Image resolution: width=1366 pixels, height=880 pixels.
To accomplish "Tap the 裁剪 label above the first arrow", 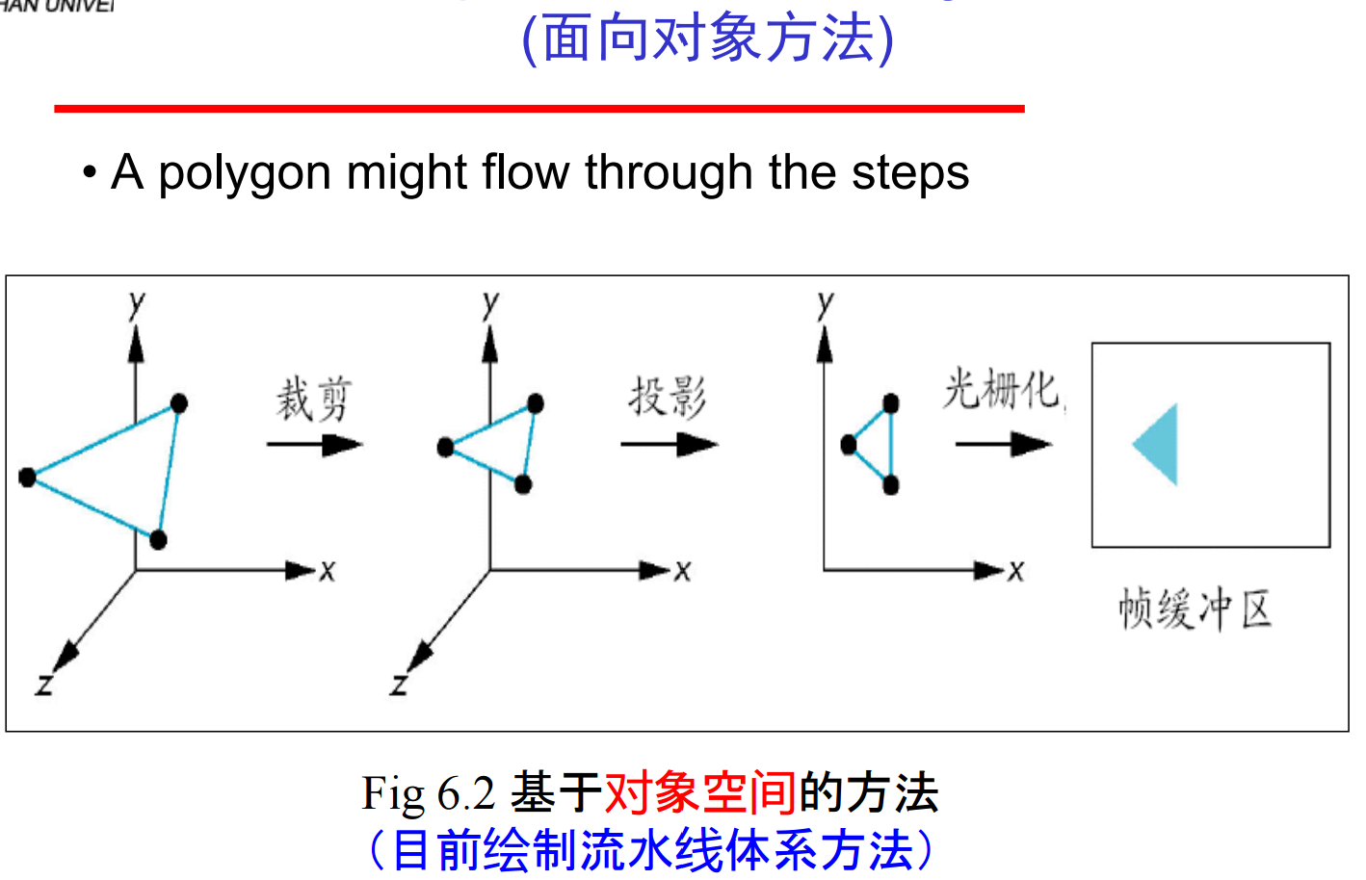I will [x=313, y=400].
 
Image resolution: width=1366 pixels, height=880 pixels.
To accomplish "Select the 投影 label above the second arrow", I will [x=668, y=397].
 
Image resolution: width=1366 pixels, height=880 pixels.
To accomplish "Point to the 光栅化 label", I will [x=1002, y=390].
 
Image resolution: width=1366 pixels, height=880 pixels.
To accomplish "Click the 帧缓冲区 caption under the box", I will [x=1195, y=609].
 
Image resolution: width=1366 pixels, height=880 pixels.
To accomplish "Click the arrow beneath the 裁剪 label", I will [x=314, y=444].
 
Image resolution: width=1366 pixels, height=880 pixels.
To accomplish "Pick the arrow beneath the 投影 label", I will [x=669, y=444].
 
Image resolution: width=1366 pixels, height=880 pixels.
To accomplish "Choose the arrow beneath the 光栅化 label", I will [x=1003, y=444].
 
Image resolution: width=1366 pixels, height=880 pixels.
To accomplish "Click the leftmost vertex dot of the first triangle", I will [x=27, y=477].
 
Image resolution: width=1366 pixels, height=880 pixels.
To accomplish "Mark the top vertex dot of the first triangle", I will [x=178, y=403].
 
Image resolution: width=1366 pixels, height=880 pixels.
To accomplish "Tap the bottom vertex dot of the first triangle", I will [x=158, y=539].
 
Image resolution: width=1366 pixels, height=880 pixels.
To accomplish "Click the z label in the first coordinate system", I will [x=43, y=685].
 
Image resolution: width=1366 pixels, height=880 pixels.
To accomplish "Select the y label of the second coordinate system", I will [x=491, y=303].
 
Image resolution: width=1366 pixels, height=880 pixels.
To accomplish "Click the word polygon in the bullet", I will [x=245, y=174].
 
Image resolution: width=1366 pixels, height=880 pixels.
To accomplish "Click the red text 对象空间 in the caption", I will [x=700, y=793].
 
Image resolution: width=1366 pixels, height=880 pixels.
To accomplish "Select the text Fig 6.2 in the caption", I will [x=428, y=793].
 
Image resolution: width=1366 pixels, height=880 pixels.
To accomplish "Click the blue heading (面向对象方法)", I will [x=708, y=39].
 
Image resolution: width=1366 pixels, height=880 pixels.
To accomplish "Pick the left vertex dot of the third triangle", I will [x=849, y=444].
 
